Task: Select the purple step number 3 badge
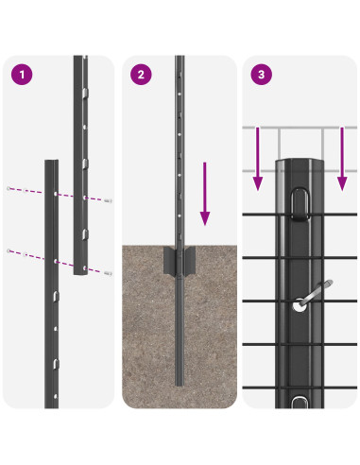(x=261, y=74)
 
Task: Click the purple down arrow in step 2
(x=203, y=194)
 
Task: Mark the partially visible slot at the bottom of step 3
(x=299, y=403)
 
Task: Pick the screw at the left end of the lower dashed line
(x=9, y=250)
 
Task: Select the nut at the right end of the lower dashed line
(x=110, y=275)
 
